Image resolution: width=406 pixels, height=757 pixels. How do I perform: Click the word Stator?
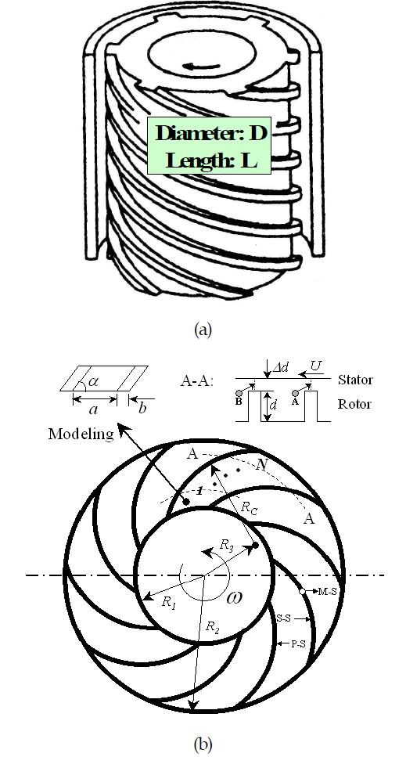point(354,380)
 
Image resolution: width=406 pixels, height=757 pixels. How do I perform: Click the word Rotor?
point(354,404)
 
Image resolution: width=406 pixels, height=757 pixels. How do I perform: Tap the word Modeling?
point(81,434)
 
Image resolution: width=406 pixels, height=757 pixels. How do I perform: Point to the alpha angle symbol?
point(95,383)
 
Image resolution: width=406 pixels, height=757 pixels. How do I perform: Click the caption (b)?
point(203,744)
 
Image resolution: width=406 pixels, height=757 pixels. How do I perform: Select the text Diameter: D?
point(210,133)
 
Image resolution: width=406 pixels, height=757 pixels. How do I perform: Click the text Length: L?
point(210,160)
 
